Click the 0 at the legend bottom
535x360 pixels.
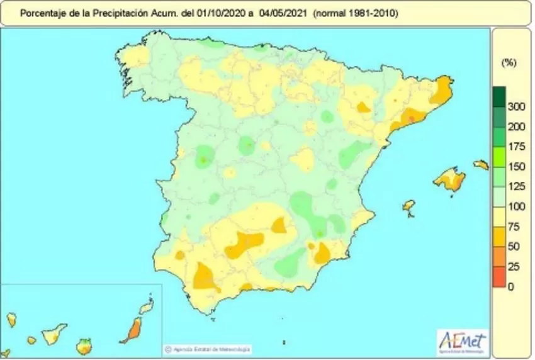[511, 287]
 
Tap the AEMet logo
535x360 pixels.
[462, 342]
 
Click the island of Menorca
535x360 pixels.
[481, 165]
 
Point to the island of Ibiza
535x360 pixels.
[409, 206]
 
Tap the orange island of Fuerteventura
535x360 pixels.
[133, 329]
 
